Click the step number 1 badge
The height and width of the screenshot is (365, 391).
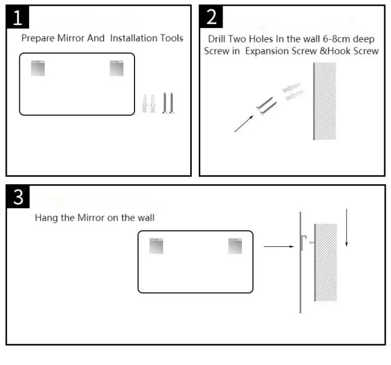(17, 18)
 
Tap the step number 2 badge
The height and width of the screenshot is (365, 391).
(211, 18)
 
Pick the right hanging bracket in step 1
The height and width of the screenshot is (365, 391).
(116, 68)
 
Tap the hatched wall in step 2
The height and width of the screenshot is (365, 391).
(325, 101)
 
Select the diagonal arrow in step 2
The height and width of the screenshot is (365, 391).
(243, 123)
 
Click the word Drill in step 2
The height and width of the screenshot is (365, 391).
(218, 39)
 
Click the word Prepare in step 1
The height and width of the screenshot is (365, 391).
(39, 39)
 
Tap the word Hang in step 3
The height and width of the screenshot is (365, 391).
(46, 218)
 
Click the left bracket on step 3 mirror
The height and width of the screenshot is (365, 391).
(156, 246)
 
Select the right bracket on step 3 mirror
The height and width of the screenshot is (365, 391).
(235, 246)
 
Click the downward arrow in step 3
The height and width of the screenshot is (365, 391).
(346, 228)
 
